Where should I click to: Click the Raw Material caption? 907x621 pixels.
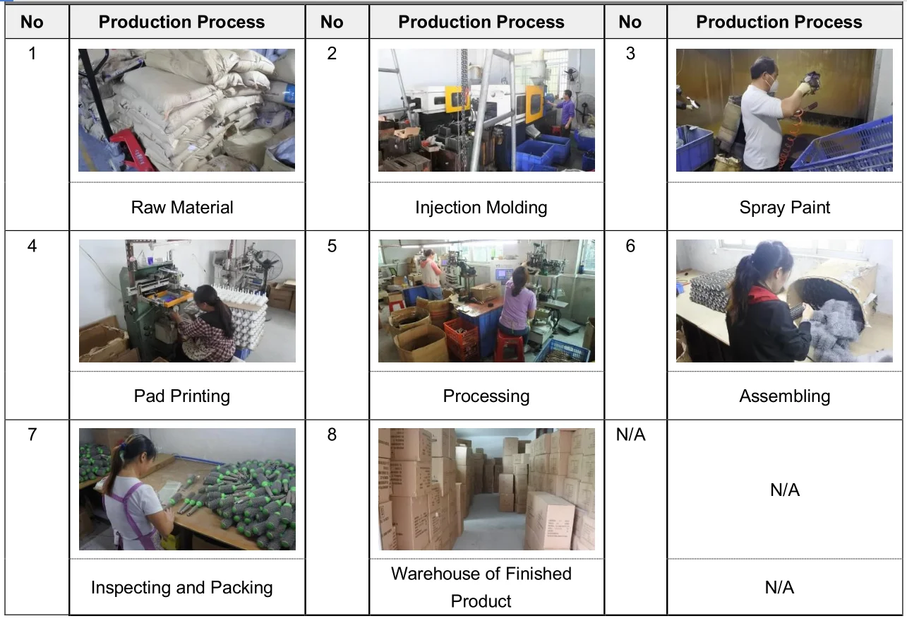click(x=182, y=208)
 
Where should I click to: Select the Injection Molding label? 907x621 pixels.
click(x=481, y=208)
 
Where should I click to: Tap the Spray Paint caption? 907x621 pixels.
click(x=784, y=208)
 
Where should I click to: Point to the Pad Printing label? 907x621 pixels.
click(x=182, y=396)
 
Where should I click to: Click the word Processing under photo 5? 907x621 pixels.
click(x=486, y=396)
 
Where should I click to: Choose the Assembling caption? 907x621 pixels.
click(x=784, y=396)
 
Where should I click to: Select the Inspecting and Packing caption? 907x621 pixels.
click(x=182, y=587)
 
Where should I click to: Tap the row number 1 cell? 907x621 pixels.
click(x=32, y=53)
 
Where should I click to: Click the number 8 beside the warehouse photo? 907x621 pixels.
click(x=332, y=434)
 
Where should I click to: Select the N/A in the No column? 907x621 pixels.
click(x=630, y=434)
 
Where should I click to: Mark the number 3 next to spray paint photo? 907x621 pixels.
click(x=630, y=53)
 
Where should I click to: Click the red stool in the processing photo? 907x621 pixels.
click(x=509, y=347)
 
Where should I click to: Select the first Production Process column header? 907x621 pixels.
click(x=181, y=22)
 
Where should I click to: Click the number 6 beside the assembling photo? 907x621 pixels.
click(x=630, y=246)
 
